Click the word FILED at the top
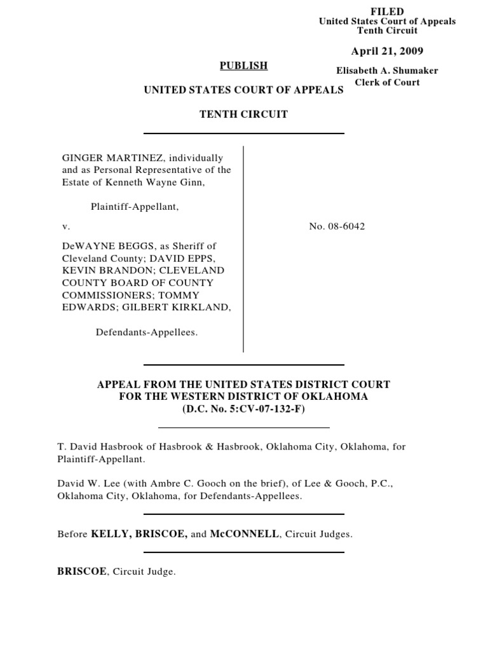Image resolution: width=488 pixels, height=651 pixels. pos(387,11)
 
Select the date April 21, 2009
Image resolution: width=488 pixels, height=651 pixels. pos(387,51)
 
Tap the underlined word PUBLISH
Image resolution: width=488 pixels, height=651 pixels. pos(244,65)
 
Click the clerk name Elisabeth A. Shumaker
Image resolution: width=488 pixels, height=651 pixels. pos(387,71)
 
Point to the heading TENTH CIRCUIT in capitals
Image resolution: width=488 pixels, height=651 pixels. pos(244,114)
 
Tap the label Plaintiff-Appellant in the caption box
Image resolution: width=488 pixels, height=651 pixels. pos(132,207)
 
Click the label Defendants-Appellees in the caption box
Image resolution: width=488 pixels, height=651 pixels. pos(147,332)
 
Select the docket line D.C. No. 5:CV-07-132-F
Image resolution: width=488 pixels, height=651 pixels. pos(244,409)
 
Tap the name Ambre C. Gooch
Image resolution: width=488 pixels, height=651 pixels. pos(178,484)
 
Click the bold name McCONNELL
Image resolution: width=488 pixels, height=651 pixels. pos(244,534)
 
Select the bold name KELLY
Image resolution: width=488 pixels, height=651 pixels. pos(110,534)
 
